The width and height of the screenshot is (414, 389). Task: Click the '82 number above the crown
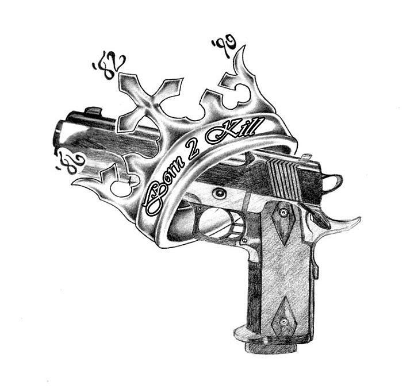coord(109,67)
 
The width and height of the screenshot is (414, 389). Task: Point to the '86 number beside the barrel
coord(70,161)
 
